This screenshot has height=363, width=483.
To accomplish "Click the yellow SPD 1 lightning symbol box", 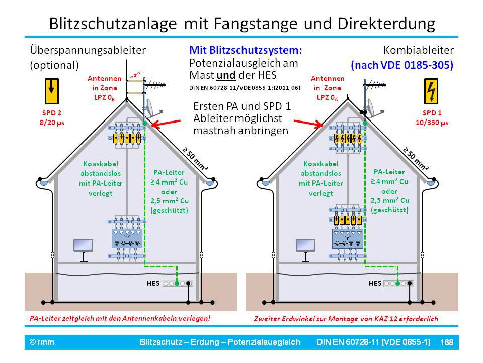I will tap(432, 90).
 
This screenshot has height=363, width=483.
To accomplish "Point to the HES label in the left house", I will tap(153, 283).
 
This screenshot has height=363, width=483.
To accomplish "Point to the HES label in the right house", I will tap(375, 283).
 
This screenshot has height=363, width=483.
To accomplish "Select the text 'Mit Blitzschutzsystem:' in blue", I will tap(246, 51).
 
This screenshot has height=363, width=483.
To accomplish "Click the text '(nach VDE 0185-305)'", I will tap(402, 65).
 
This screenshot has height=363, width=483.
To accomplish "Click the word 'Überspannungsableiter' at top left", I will tap(88, 50).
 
